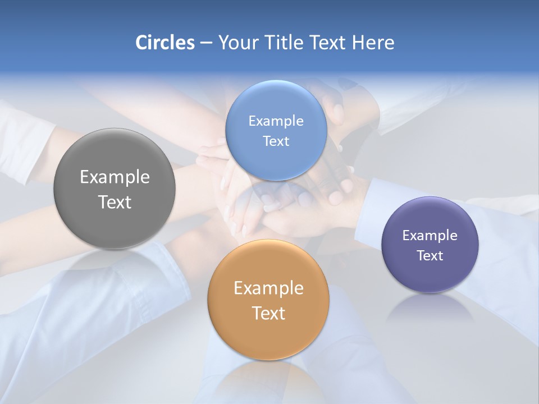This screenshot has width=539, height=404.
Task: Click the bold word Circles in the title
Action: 165,43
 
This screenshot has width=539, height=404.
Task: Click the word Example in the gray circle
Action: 115,177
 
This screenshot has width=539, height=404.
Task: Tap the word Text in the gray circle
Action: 115,202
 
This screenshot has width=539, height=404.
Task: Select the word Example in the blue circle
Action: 276,121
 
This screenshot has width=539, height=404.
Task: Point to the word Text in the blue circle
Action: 276,141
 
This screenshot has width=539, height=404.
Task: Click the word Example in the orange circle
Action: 268,288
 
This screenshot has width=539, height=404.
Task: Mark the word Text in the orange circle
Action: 268,313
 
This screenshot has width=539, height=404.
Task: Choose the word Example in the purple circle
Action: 430,236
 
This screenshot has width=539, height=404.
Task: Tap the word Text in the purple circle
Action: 430,255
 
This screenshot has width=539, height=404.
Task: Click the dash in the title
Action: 205,43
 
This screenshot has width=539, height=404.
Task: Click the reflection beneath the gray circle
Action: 115,264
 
